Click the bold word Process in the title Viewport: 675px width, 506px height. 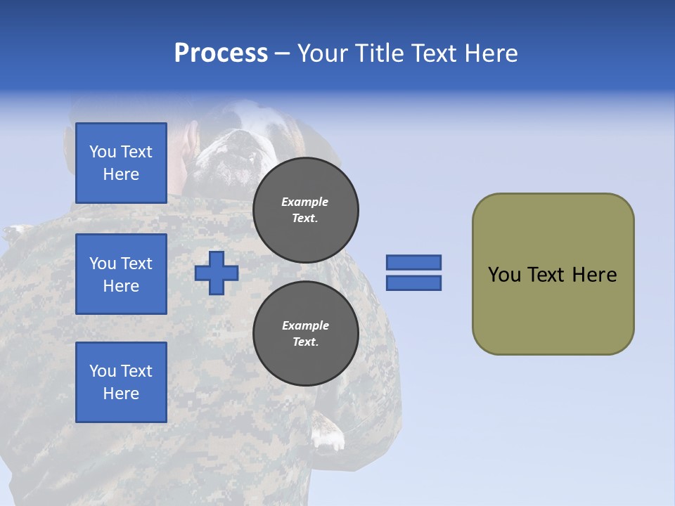click(x=221, y=53)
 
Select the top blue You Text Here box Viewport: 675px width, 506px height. click(x=121, y=163)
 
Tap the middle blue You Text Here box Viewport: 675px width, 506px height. click(x=121, y=274)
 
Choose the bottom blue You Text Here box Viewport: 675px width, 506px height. click(x=121, y=382)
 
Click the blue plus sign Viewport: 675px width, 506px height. click(x=217, y=273)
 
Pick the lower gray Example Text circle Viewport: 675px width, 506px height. click(x=306, y=334)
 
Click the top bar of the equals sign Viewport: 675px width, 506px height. click(x=414, y=262)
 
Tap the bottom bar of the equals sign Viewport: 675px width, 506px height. click(x=414, y=283)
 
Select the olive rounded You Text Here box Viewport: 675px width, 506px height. click(x=553, y=274)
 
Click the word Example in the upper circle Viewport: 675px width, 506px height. click(x=305, y=202)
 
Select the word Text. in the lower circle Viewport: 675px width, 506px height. click(x=305, y=342)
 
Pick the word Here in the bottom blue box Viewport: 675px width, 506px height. click(x=121, y=394)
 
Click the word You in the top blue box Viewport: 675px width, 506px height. click(x=103, y=152)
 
